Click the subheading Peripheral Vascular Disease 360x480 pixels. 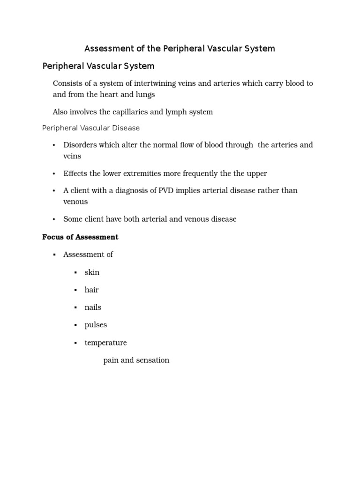[91, 128]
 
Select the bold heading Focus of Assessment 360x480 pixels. [80, 237]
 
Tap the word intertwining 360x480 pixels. [157, 83]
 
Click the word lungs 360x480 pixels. [145, 95]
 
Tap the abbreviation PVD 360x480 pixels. [162, 191]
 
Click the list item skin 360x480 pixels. [92, 272]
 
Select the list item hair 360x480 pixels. [91, 290]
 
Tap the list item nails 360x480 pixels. [93, 307]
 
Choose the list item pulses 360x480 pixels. [96, 325]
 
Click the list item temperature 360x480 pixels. [105, 343]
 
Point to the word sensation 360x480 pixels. [153, 360]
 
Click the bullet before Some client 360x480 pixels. [54, 219]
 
